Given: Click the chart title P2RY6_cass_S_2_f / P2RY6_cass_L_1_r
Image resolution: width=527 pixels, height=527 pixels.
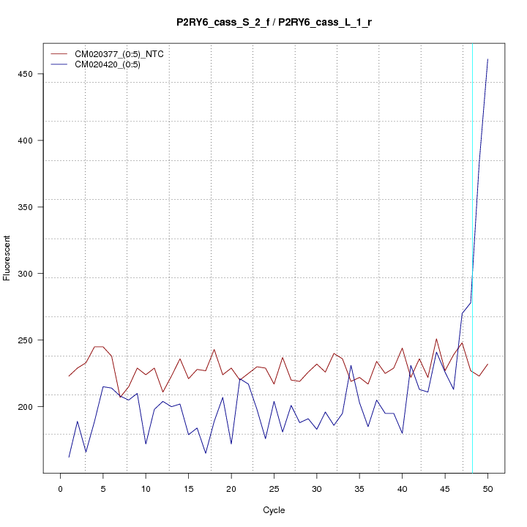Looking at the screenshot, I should click(x=274, y=23).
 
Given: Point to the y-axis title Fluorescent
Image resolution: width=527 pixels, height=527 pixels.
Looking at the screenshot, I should click(x=8, y=258).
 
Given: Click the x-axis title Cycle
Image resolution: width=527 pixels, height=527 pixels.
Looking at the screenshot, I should click(x=274, y=510).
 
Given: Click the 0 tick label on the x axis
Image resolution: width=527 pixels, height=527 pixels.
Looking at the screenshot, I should click(x=61, y=489).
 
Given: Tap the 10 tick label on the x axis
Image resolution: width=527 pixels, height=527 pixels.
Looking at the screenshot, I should click(x=146, y=489).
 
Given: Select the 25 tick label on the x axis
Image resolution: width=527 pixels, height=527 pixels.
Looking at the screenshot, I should click(x=274, y=489).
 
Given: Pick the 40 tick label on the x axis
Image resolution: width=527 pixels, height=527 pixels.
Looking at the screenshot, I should click(x=402, y=489).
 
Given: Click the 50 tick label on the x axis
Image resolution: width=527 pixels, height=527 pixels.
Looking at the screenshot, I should click(x=487, y=489).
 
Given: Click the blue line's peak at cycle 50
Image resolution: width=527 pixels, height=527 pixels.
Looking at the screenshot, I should click(x=487, y=59).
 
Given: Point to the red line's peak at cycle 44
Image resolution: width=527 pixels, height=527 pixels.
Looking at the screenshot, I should click(x=436, y=339).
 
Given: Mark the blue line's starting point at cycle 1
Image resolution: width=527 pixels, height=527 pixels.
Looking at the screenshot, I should click(x=69, y=457).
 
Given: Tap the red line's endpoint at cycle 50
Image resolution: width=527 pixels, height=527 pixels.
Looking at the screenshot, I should click(x=487, y=364).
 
